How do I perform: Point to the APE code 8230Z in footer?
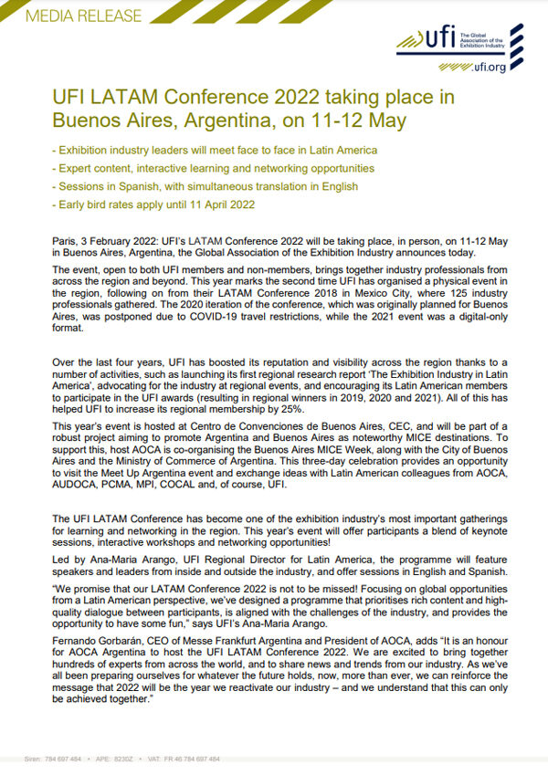click(122, 759)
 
